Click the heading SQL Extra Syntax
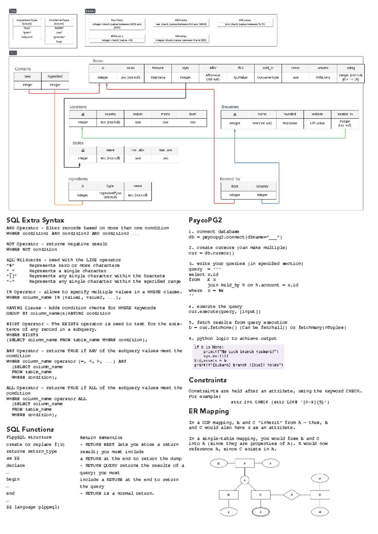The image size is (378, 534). pyautogui.click(x=35, y=220)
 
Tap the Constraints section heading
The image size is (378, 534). pyautogui.click(x=208, y=380)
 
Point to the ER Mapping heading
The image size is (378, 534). pyautogui.click(x=209, y=411)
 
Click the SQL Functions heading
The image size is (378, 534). pyautogui.click(x=30, y=429)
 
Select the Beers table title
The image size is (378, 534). pyautogui.click(x=98, y=61)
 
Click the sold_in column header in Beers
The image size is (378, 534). pyautogui.click(x=268, y=68)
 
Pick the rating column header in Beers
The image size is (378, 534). pyautogui.click(x=351, y=68)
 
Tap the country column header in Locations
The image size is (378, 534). pyautogui.click(x=110, y=114)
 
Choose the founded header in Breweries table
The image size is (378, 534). pyautogui.click(x=289, y=114)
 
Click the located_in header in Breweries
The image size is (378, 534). pyautogui.click(x=345, y=114)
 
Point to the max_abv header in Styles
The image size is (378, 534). pyautogui.click(x=165, y=150)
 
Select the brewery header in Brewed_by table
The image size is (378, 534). pyautogui.click(x=262, y=186)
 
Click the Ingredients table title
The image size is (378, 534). pyautogui.click(x=78, y=179)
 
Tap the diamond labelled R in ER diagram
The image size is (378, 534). pyautogui.click(x=291, y=495)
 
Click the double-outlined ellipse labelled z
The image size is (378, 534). pyautogui.click(x=261, y=512)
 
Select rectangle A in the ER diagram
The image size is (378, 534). pyautogui.click(x=244, y=463)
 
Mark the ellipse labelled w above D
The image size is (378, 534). pyautogui.click(x=320, y=479)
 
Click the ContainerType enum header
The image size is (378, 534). pyautogui.click(x=59, y=22)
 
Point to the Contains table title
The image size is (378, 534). pyautogui.click(x=23, y=69)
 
